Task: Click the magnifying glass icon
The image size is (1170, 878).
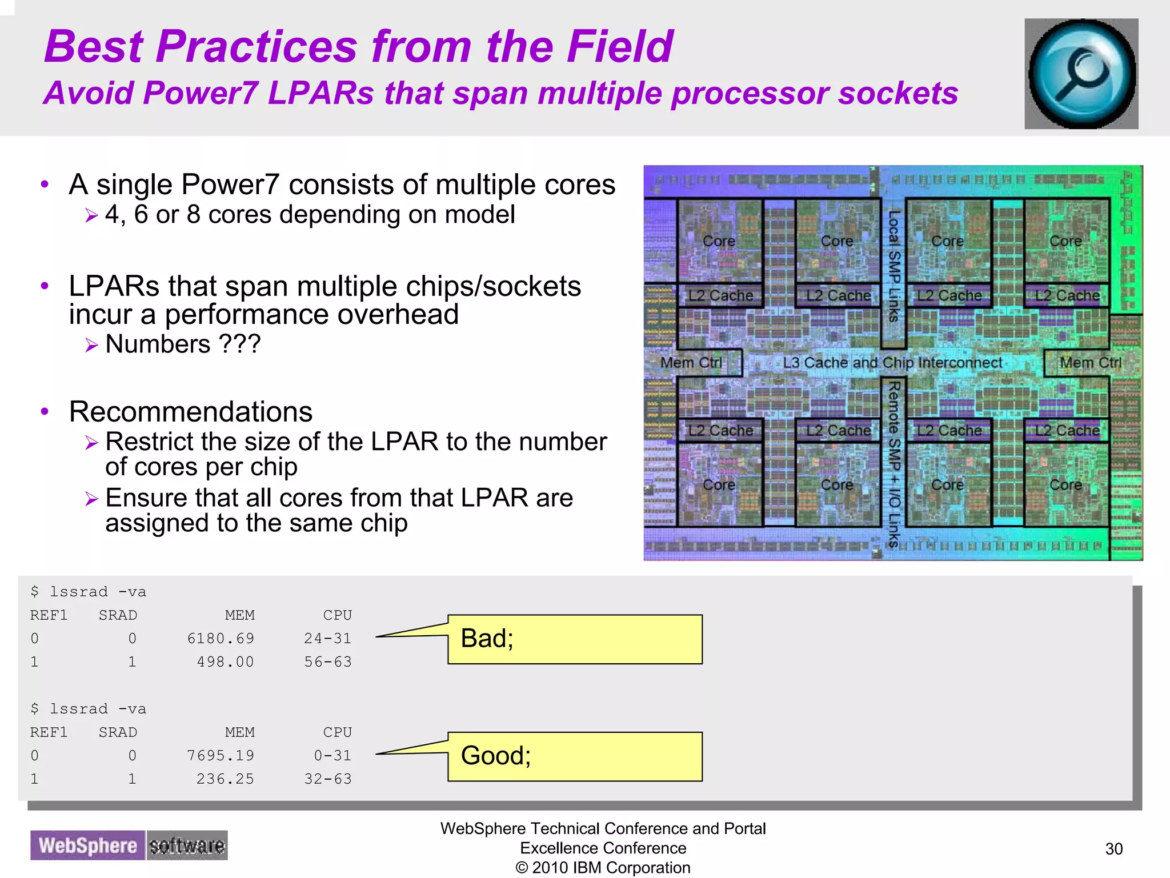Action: click(x=1081, y=74)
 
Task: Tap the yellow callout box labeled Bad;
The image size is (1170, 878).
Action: click(x=574, y=639)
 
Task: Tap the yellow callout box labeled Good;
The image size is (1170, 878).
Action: click(x=574, y=756)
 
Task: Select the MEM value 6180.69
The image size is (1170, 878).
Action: click(x=221, y=638)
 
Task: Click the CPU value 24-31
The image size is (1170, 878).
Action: click(x=327, y=638)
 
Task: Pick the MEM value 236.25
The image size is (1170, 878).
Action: click(x=225, y=779)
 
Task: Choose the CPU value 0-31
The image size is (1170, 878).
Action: click(x=332, y=755)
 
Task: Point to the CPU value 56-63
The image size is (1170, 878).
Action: click(x=327, y=661)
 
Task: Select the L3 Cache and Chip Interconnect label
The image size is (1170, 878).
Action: click(x=892, y=363)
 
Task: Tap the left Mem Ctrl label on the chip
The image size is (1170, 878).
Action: click(x=691, y=363)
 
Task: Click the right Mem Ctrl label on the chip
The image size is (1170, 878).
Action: click(x=1091, y=363)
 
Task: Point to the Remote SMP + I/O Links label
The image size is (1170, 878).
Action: click(x=894, y=464)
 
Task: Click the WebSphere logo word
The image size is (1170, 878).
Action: click(x=87, y=845)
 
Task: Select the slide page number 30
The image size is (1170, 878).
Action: click(x=1113, y=849)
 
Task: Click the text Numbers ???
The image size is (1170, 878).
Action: click(x=183, y=344)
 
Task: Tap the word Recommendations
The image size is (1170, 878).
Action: click(x=191, y=412)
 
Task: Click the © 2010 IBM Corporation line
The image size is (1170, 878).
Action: click(x=603, y=868)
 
